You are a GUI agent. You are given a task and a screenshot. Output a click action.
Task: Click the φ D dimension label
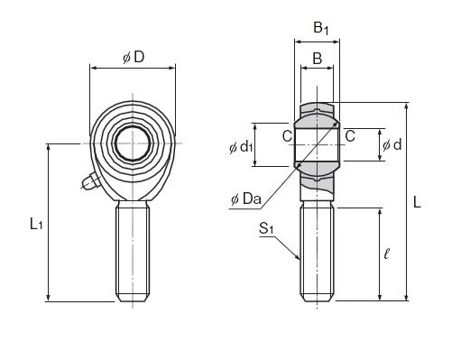click(x=134, y=57)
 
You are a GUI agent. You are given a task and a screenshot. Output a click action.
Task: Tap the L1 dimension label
click(x=36, y=224)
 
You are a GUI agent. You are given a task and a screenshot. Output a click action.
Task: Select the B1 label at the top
click(x=321, y=28)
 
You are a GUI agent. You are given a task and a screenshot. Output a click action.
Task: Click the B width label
click(x=318, y=58)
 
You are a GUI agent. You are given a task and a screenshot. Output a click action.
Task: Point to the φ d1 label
click(x=241, y=147)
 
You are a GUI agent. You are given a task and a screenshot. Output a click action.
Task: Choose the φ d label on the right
click(x=392, y=145)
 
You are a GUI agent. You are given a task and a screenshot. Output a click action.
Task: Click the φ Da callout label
click(x=245, y=198)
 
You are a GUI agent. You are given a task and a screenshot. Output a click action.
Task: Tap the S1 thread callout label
click(x=266, y=228)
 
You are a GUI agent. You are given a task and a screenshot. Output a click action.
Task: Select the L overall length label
click(x=417, y=202)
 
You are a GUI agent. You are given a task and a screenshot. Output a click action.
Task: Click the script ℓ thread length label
click(x=387, y=254)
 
